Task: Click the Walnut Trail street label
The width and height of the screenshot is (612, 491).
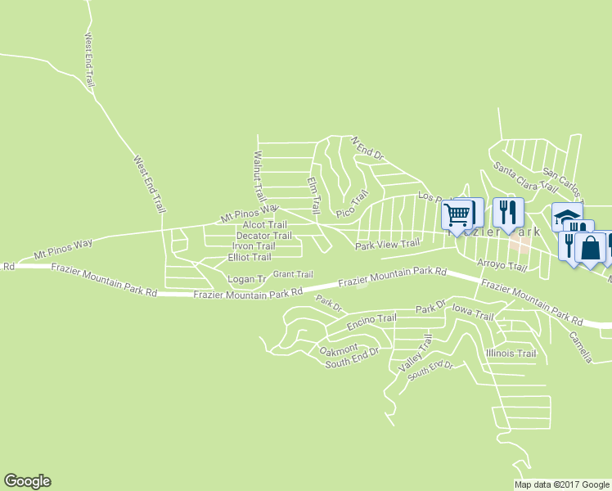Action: (259, 178)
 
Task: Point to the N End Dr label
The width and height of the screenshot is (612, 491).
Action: (367, 149)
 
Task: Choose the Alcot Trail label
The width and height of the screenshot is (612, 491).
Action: (264, 225)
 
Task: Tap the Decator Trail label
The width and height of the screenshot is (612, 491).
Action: (263, 236)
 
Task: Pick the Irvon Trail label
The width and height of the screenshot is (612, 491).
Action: (254, 246)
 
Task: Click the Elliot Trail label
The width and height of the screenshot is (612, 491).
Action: (249, 257)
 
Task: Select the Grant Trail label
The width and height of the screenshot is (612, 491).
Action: (293, 274)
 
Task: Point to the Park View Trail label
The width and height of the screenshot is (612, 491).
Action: (387, 244)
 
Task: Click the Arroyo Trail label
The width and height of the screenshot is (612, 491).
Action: (502, 266)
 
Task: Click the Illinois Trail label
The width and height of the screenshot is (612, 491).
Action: (511, 354)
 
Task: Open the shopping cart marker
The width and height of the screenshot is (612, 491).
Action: (457, 215)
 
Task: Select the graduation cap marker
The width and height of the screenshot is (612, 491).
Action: (566, 216)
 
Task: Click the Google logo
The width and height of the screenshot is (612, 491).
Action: (27, 481)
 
